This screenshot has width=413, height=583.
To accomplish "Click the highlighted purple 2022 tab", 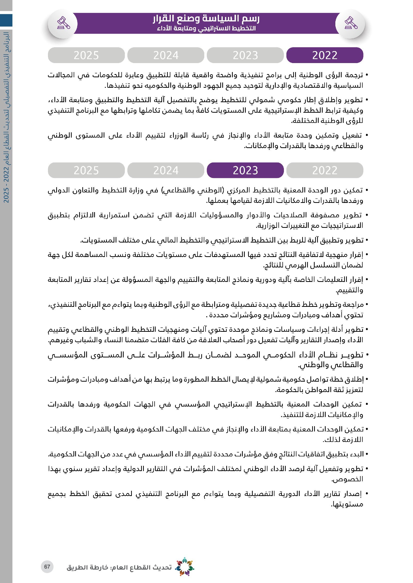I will pyautogui.click(x=325, y=55).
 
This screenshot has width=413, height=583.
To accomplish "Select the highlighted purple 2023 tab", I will pyautogui.click(x=245, y=170).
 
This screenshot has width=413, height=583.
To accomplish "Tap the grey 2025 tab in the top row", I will pyautogui.click(x=86, y=55).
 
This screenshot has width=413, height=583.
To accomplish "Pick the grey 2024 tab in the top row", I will pyautogui.click(x=166, y=55).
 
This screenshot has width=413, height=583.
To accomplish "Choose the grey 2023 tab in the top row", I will pyautogui.click(x=245, y=55).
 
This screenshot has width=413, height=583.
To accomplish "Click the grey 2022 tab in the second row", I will pyautogui.click(x=325, y=170).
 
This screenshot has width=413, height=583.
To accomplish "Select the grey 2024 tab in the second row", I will pyautogui.click(x=166, y=170).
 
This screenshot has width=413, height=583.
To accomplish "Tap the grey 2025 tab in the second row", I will pyautogui.click(x=86, y=170).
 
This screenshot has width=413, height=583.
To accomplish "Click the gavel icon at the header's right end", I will pyautogui.click(x=351, y=23).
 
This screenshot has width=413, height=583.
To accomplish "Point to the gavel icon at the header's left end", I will pyautogui.click(x=63, y=23).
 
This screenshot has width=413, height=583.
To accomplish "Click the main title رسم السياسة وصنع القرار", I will pyautogui.click(x=206, y=18).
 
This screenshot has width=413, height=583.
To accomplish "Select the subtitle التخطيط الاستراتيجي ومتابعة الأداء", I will pyautogui.click(x=206, y=28).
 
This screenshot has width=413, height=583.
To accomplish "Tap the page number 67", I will pyautogui.click(x=47, y=567).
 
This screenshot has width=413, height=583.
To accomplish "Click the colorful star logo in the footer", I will pyautogui.click(x=185, y=567).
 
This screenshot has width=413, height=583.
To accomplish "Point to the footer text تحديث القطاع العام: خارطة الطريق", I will pyautogui.click(x=119, y=567).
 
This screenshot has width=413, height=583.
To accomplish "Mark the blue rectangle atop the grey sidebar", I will pyautogui.click(x=6, y=20).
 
